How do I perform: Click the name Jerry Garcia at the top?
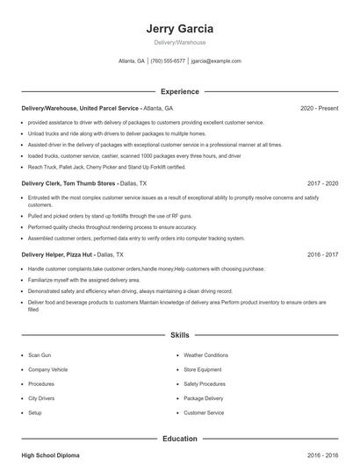click(x=179, y=28)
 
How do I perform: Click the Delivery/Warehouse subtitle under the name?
click(x=179, y=41)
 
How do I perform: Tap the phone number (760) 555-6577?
click(x=168, y=61)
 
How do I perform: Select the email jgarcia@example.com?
click(x=216, y=61)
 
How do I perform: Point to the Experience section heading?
click(x=179, y=91)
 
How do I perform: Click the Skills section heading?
click(x=179, y=335)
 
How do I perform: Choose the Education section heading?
click(x=179, y=439)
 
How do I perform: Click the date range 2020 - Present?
click(x=319, y=108)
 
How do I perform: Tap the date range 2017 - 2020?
click(x=322, y=183)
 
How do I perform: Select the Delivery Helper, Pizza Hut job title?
click(x=57, y=254)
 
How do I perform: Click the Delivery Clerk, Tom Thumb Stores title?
click(x=67, y=183)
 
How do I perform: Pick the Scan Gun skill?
click(x=40, y=355)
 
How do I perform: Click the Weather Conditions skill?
click(x=205, y=355)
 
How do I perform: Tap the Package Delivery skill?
click(x=203, y=398)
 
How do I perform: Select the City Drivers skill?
click(x=42, y=398)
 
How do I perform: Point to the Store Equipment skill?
click(x=204, y=369)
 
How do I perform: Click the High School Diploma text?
click(x=52, y=456)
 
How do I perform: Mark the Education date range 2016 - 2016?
click(x=322, y=456)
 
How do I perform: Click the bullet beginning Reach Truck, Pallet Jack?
click(x=106, y=167)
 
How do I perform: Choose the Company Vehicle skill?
click(x=47, y=369)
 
